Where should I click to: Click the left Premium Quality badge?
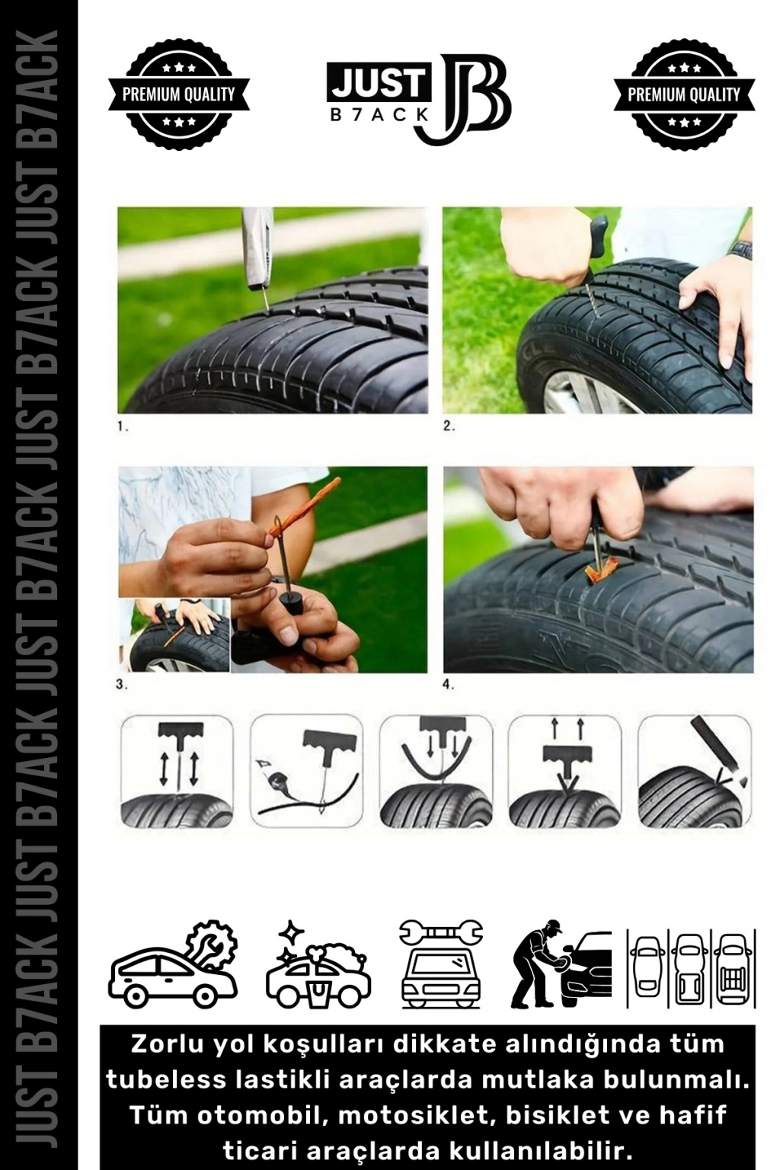pyautogui.click(x=179, y=94)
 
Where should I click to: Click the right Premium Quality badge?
pyautogui.click(x=684, y=94)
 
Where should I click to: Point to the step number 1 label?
pyautogui.click(x=123, y=427)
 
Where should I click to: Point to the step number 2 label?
pyautogui.click(x=449, y=427)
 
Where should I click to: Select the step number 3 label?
pyautogui.click(x=122, y=686)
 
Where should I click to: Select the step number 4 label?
pyautogui.click(x=449, y=686)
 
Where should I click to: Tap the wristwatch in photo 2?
pyautogui.click(x=741, y=250)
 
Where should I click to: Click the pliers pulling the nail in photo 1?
pyautogui.click(x=257, y=251)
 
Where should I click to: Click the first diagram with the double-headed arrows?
pyautogui.click(x=177, y=772)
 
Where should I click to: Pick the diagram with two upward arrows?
pyautogui.click(x=564, y=772)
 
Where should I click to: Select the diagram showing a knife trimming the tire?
pyautogui.click(x=695, y=772)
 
